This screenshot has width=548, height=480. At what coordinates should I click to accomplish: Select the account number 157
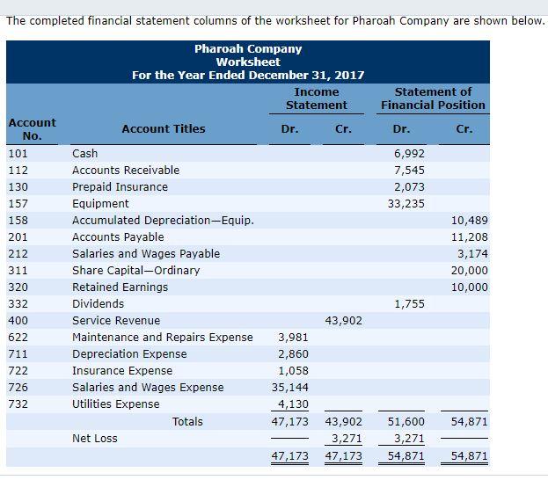(x=18, y=204)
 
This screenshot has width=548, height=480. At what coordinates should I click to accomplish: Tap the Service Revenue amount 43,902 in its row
(x=343, y=321)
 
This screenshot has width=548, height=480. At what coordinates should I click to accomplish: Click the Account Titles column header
(x=163, y=129)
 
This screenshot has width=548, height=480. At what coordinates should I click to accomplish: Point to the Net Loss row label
(x=94, y=439)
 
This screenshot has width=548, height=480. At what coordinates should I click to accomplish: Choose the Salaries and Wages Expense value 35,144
(x=292, y=388)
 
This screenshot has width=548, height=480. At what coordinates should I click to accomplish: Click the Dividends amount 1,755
(x=409, y=304)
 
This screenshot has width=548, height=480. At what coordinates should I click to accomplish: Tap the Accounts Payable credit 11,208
(x=469, y=237)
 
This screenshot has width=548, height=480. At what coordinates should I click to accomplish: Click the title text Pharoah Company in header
(x=248, y=49)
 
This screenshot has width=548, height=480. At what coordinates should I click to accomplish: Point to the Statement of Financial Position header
(x=433, y=98)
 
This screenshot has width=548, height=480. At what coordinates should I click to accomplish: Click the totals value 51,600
(x=406, y=423)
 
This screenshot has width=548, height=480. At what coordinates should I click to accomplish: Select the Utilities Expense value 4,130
(x=292, y=404)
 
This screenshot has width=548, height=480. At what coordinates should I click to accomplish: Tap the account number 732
(x=18, y=404)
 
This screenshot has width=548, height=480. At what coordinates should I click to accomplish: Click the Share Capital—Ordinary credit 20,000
(x=469, y=271)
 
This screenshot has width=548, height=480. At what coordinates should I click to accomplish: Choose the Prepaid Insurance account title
(x=120, y=187)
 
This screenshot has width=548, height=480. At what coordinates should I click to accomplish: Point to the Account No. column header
(x=32, y=129)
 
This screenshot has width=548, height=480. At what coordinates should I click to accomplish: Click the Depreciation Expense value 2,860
(x=292, y=354)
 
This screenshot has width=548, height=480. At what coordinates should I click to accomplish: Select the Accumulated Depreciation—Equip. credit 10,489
(x=469, y=221)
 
